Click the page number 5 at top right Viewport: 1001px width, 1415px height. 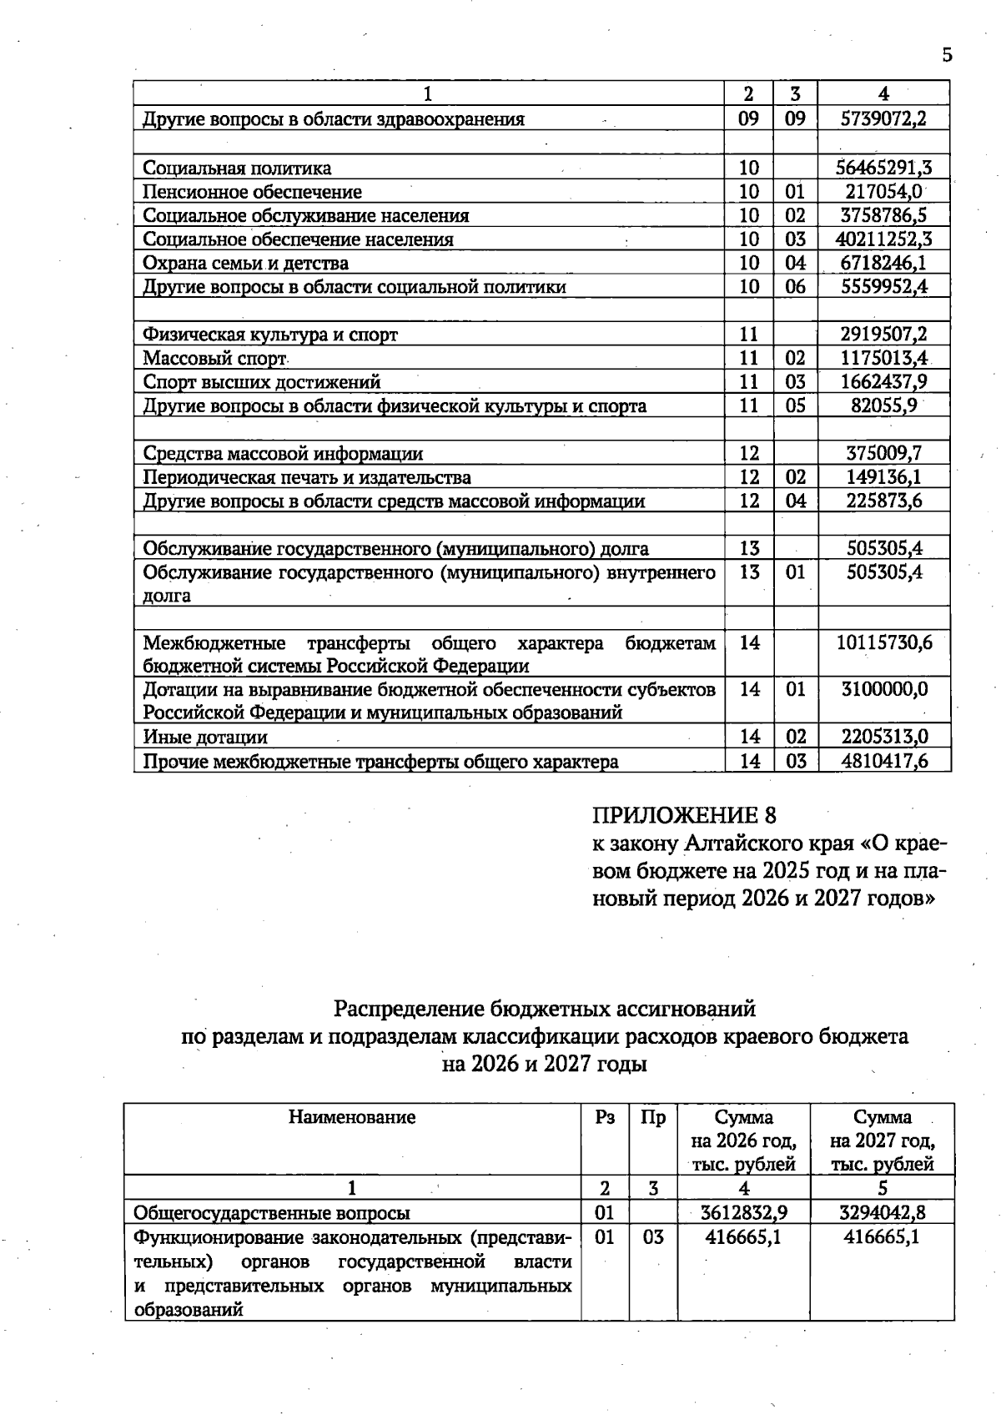(x=946, y=56)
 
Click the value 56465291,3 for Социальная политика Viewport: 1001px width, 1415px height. (x=883, y=168)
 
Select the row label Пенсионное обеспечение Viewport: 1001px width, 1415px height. (x=252, y=192)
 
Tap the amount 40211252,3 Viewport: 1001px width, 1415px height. (x=883, y=239)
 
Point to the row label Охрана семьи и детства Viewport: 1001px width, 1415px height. (x=245, y=264)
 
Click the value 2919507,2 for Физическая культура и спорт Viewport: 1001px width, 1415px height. (x=883, y=335)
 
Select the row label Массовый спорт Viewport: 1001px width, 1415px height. (x=214, y=359)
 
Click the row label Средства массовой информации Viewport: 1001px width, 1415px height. (x=283, y=454)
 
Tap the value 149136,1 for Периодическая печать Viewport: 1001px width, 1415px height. (x=883, y=477)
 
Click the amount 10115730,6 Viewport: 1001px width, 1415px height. (x=883, y=643)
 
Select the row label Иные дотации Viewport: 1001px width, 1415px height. (x=205, y=738)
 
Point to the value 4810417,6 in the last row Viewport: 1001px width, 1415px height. (x=883, y=761)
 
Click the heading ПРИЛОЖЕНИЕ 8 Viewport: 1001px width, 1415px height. (x=683, y=815)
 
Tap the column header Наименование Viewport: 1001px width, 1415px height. (x=352, y=1117)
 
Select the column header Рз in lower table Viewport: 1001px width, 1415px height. (x=605, y=1117)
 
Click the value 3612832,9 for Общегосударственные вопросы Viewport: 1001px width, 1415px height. (x=743, y=1212)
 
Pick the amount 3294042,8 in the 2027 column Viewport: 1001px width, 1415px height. (x=882, y=1212)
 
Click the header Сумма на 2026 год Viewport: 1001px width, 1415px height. (x=743, y=1140)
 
